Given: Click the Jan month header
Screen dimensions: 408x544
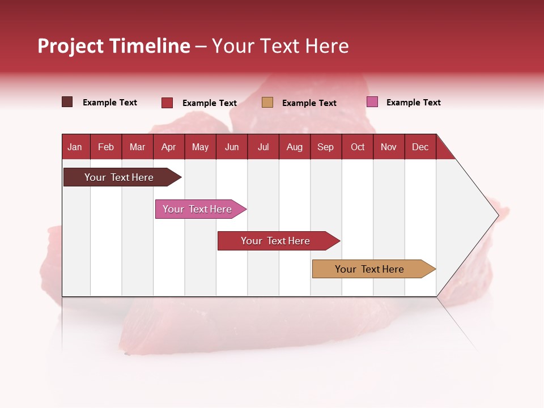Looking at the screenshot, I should coord(75,147).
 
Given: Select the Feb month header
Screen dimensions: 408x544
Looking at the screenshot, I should coord(106,147).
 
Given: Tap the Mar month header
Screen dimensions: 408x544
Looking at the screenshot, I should coord(137,147).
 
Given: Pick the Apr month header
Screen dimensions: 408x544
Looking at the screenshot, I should coord(168,147).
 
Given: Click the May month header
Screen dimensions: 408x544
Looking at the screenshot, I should coord(200,147).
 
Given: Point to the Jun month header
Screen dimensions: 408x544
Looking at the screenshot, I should coord(232,147).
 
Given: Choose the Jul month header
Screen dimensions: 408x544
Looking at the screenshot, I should coord(263,147).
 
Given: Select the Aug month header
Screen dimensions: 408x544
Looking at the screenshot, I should coord(295,147).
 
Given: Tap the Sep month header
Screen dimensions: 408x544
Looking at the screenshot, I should coord(326,147).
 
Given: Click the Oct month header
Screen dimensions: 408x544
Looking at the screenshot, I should coord(358,147).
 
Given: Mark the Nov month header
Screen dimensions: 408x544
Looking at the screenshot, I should coord(389,147).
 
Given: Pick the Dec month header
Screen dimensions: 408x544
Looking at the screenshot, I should coord(420,147).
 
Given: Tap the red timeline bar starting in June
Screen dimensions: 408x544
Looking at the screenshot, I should coord(276,241).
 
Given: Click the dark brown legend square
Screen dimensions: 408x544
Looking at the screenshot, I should coord(67,102).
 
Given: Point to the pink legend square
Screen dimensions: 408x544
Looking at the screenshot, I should coord(372,102).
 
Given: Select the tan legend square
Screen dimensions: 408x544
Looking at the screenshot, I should coord(267,102).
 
